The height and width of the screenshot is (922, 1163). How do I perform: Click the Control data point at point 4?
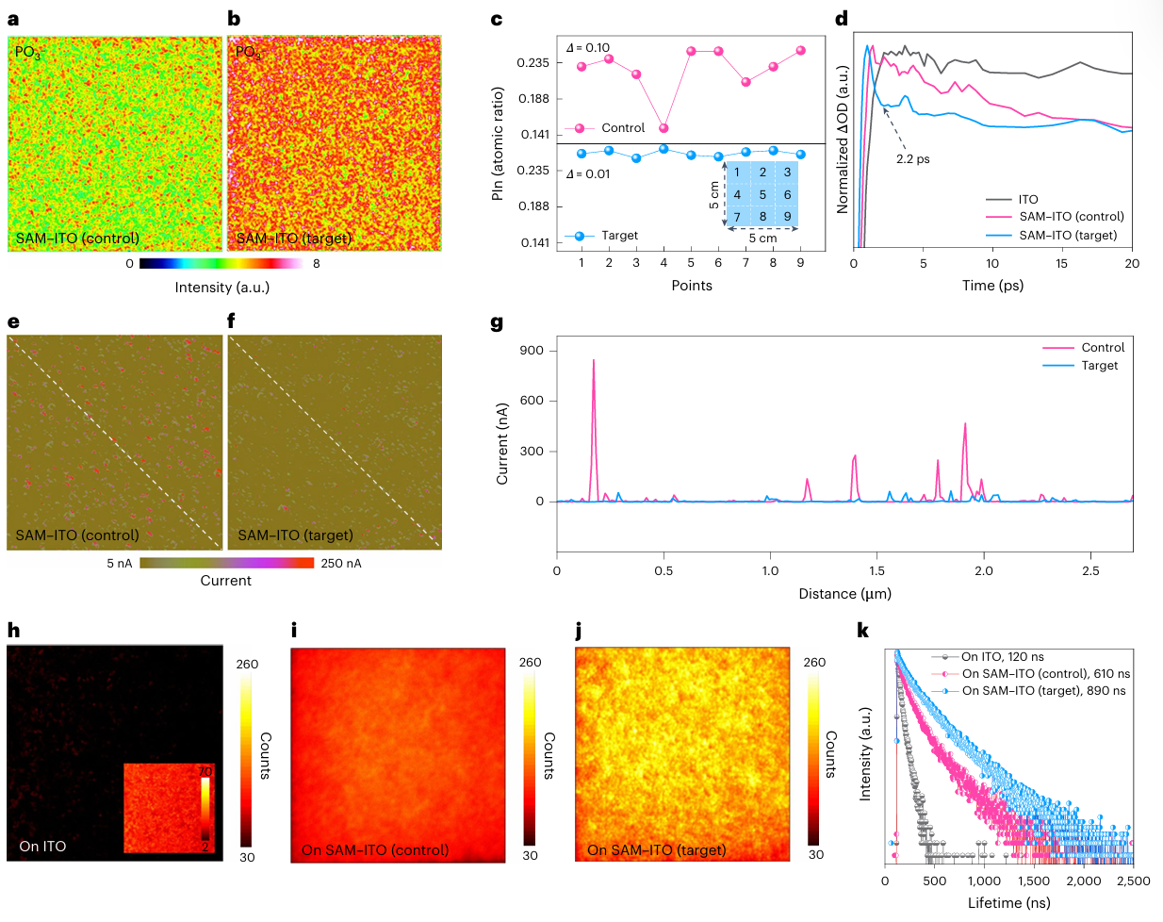click(x=663, y=128)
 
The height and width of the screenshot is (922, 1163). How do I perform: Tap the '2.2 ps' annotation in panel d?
click(x=912, y=158)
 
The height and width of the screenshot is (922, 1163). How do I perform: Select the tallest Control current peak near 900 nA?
click(x=593, y=361)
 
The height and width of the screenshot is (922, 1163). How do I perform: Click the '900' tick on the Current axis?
click(x=532, y=351)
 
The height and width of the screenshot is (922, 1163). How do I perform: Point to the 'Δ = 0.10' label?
click(x=588, y=48)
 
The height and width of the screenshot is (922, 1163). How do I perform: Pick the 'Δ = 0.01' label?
click(x=588, y=174)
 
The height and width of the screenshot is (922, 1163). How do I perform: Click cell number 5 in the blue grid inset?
click(x=762, y=195)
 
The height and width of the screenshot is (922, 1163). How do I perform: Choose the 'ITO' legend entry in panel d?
click(x=1027, y=200)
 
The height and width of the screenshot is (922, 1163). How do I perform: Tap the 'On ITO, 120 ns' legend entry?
click(x=1002, y=657)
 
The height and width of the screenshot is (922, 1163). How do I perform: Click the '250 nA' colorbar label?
click(x=340, y=564)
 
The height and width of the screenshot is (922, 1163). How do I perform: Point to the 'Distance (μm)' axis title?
click(x=844, y=594)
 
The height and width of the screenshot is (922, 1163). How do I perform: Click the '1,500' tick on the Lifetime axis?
click(x=1034, y=881)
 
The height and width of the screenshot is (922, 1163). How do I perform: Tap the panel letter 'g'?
click(x=497, y=323)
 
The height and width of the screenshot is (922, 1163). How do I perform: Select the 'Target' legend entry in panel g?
click(x=1099, y=366)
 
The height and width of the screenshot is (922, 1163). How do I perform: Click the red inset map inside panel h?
click(x=169, y=808)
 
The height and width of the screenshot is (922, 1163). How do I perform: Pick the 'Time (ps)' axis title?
click(x=992, y=286)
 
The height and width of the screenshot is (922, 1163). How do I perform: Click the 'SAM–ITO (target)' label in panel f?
click(x=295, y=535)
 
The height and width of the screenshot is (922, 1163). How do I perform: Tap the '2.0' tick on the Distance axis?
click(x=984, y=570)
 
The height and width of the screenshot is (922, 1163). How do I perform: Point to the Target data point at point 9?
click(x=800, y=155)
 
